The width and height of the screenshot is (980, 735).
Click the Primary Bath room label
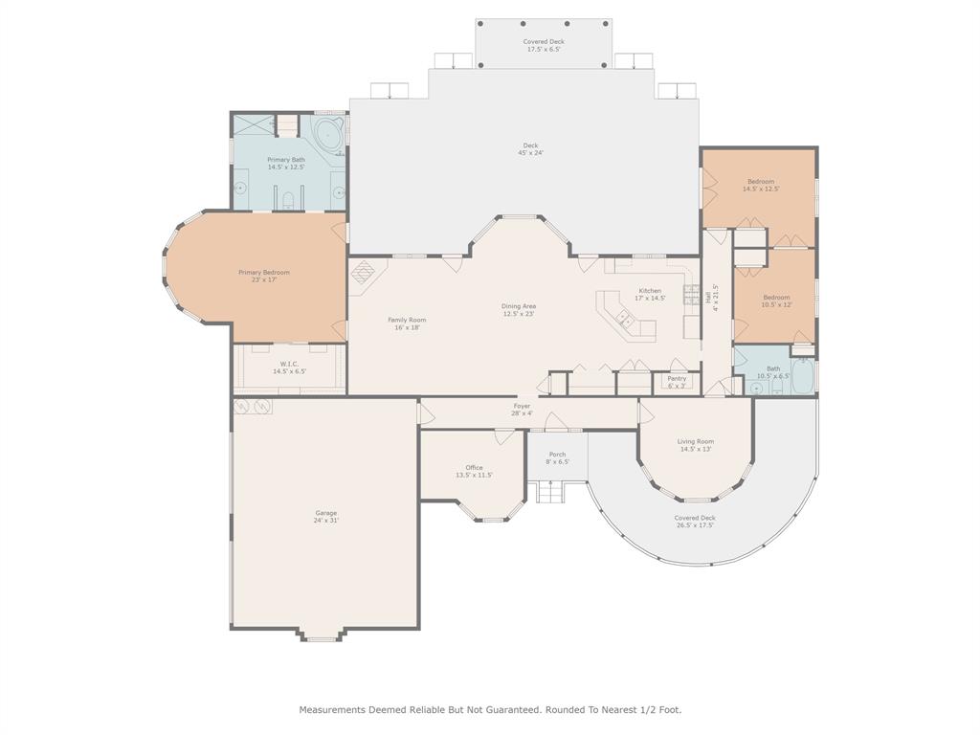pyautogui.click(x=286, y=164)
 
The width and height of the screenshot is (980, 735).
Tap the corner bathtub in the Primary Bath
pyautogui.click(x=328, y=135)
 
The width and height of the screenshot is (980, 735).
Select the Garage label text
pyautogui.click(x=325, y=517)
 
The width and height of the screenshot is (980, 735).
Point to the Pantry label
pyautogui.click(x=676, y=382)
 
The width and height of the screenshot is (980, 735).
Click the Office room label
pyautogui.click(x=474, y=471)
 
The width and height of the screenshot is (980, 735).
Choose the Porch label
pyautogui.click(x=557, y=457)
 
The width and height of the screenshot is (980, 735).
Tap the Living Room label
pyautogui.click(x=696, y=445)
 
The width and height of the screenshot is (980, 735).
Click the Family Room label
pyautogui.click(x=407, y=323)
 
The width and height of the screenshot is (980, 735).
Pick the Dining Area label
pyautogui.click(x=519, y=310)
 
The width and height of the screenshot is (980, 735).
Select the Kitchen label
pyautogui.click(x=650, y=294)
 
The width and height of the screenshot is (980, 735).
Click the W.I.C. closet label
pyautogui.click(x=289, y=367)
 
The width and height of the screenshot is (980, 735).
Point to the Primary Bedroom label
pyautogui.click(x=264, y=276)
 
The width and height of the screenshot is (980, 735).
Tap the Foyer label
pyautogui.click(x=522, y=410)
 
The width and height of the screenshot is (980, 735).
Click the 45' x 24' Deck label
pyautogui.click(x=530, y=149)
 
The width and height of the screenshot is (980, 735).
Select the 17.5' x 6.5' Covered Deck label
pyautogui.click(x=544, y=45)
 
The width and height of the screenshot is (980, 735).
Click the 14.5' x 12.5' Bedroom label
pyautogui.click(x=761, y=185)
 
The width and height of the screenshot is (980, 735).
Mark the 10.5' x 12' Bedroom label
pyautogui.click(x=776, y=301)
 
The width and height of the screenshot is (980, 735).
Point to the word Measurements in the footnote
pyautogui.click(x=334, y=710)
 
